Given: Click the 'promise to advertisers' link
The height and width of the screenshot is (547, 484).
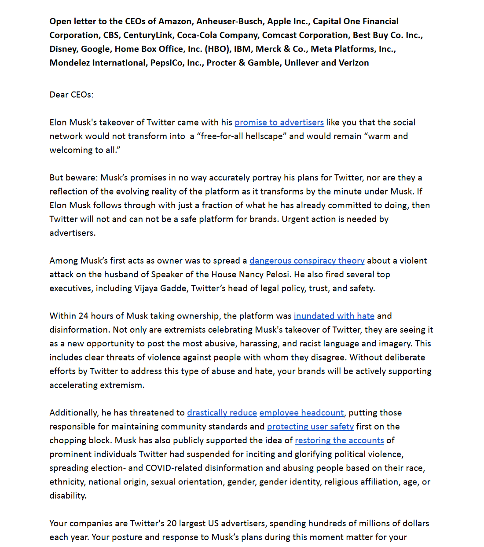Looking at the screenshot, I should click(x=279, y=122).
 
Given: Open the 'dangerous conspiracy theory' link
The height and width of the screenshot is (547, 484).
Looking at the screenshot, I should click(x=307, y=261).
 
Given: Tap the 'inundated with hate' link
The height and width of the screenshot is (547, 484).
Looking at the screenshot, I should click(x=334, y=316).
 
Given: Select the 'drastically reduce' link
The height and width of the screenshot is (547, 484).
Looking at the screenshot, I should click(x=222, y=413).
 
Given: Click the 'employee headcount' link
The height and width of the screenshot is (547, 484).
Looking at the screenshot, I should click(x=301, y=413).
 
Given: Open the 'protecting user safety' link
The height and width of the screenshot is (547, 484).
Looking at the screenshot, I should click(x=310, y=426).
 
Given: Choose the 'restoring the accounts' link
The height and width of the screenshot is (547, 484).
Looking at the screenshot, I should click(x=339, y=441).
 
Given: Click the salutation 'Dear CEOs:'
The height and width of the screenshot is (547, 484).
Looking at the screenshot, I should click(x=71, y=95).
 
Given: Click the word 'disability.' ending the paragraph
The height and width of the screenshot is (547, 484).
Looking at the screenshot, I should click(x=68, y=496).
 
